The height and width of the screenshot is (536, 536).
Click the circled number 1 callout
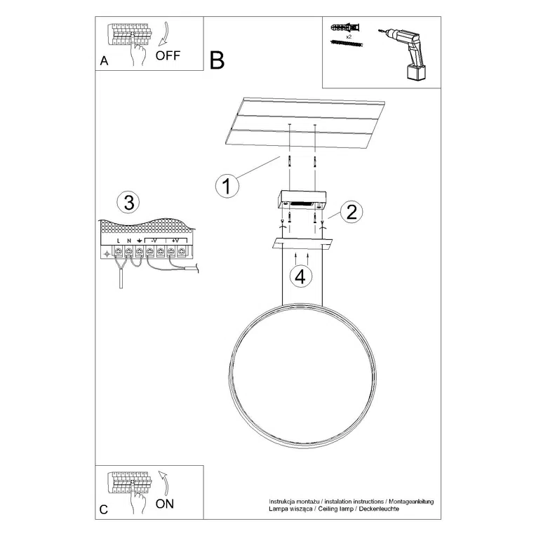coord(225,186)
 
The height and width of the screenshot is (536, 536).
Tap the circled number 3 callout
coord(128,203)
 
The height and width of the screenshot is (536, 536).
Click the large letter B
coord(217,60)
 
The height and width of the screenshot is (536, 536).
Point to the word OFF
coord(168,56)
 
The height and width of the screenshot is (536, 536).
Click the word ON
coord(164,503)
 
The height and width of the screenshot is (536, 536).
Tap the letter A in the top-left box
coord(105,60)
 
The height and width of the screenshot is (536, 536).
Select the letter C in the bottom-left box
coord(104,510)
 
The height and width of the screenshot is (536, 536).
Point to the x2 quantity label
coord(349,34)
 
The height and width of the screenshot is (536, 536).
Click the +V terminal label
coord(175,240)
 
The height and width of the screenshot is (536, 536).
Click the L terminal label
coord(119,241)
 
